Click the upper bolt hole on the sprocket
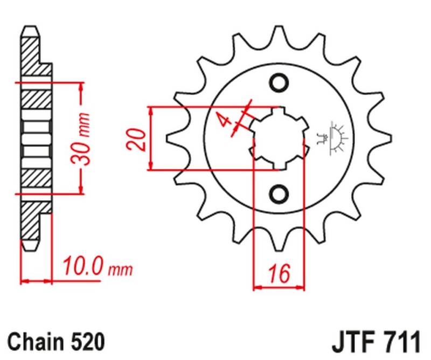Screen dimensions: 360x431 coord(279,83)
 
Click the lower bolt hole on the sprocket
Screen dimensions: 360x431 coord(279,193)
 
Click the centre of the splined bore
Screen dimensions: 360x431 coord(279,138)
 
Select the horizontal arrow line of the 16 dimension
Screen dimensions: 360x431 coord(279,287)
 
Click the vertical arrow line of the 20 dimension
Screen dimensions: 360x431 coord(151,138)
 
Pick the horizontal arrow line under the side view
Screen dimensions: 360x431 coord(36,280)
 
